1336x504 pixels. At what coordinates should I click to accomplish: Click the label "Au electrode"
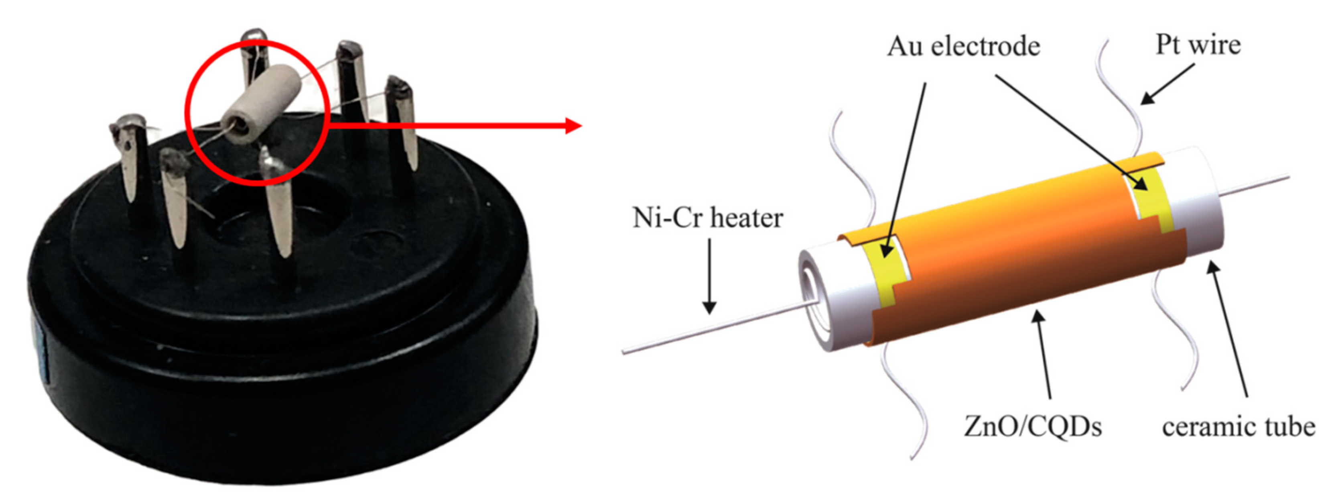point(964,47)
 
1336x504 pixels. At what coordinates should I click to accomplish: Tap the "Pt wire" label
point(1198,45)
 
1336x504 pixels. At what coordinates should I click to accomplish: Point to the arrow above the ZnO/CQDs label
point(1042,353)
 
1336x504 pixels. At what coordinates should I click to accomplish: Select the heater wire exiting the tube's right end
point(1255,187)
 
